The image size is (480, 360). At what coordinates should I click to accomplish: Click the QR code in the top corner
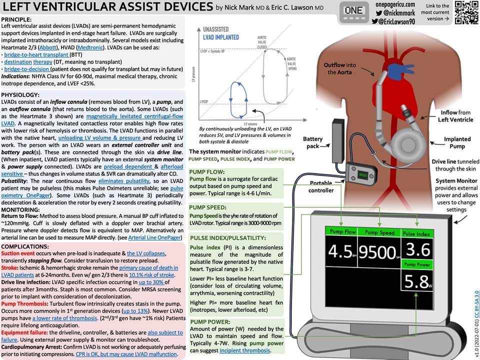465,12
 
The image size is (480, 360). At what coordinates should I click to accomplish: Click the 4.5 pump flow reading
340,251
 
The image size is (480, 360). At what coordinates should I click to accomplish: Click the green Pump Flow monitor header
343,232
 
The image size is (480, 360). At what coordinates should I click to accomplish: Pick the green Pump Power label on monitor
417,263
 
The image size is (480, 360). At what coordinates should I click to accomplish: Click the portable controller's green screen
363,175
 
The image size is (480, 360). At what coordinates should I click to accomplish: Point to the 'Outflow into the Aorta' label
340,68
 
